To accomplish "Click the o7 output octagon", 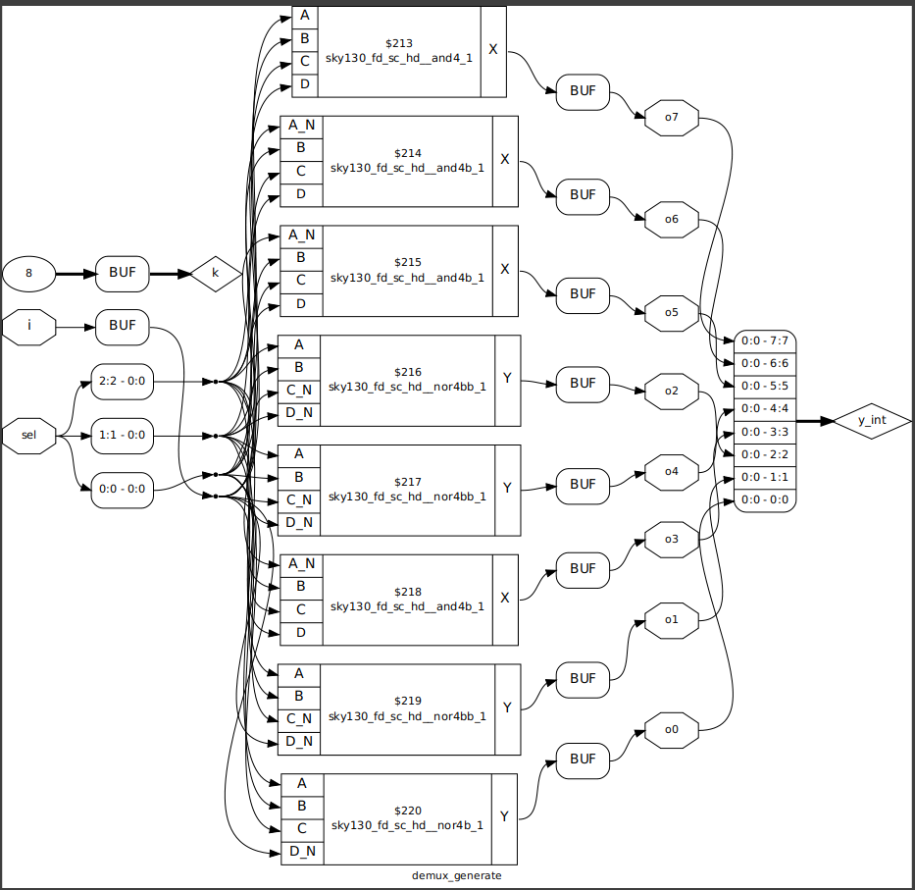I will click(x=671, y=118).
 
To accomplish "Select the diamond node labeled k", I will click(x=216, y=273).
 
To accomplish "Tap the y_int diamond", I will click(x=872, y=420).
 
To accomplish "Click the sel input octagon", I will click(x=29, y=435).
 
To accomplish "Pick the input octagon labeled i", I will click(x=29, y=325).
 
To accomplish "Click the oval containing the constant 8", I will click(x=29, y=274).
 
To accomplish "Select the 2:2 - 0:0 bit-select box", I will click(x=122, y=381).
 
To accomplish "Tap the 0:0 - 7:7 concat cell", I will click(x=764, y=341).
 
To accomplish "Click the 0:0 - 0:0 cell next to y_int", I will click(x=764, y=499).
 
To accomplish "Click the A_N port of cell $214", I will click(x=300, y=126).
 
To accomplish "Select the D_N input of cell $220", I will click(x=300, y=851).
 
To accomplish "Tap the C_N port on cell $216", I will click(x=298, y=391).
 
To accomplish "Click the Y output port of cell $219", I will click(x=506, y=707).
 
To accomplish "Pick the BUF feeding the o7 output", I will click(x=583, y=92).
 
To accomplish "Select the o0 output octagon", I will click(x=671, y=730).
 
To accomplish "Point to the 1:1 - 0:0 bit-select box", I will click(x=122, y=436).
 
